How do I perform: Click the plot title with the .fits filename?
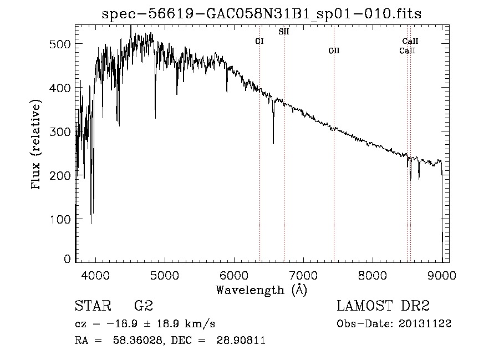pyautogui.click(x=262, y=14)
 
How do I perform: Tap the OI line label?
pyautogui.click(x=259, y=41)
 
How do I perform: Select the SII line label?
pyautogui.click(x=283, y=32)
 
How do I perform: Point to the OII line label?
pyautogui.click(x=333, y=50)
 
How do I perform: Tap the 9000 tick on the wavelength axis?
pyautogui.click(x=442, y=275)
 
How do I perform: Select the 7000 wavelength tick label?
pyautogui.click(x=303, y=275)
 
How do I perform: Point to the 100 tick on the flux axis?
pyautogui.click(x=61, y=219)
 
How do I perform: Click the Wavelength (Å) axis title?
pyautogui.click(x=261, y=290)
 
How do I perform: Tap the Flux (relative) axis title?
pyautogui.click(x=37, y=145)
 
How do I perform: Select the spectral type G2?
pyautogui.click(x=144, y=306)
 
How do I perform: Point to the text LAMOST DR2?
pyautogui.click(x=383, y=306)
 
